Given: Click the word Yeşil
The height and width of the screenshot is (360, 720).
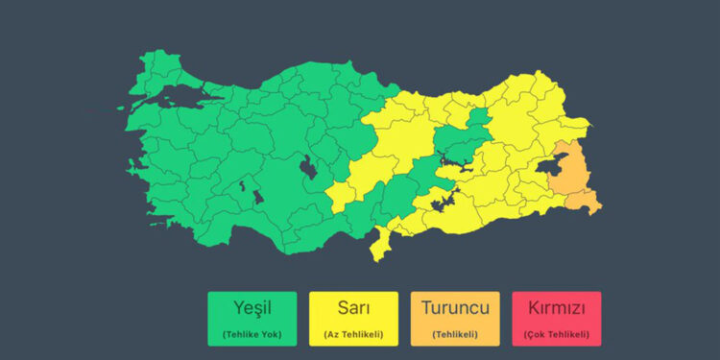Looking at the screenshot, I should click(252, 308).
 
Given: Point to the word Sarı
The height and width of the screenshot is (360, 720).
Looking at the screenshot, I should click(353, 308).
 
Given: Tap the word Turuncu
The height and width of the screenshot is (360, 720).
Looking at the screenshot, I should click(455, 308).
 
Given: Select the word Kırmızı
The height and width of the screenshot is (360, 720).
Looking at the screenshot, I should click(557, 308).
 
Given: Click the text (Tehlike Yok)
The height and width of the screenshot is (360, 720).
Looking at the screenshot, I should click(252, 334).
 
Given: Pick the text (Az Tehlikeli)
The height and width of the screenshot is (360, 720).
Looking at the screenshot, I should click(353, 334).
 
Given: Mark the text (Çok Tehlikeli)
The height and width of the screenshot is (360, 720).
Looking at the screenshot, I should click(557, 334).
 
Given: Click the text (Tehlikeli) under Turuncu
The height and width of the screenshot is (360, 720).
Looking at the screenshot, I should click(455, 334).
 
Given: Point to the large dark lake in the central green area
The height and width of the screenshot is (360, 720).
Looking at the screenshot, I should click(310, 168).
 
